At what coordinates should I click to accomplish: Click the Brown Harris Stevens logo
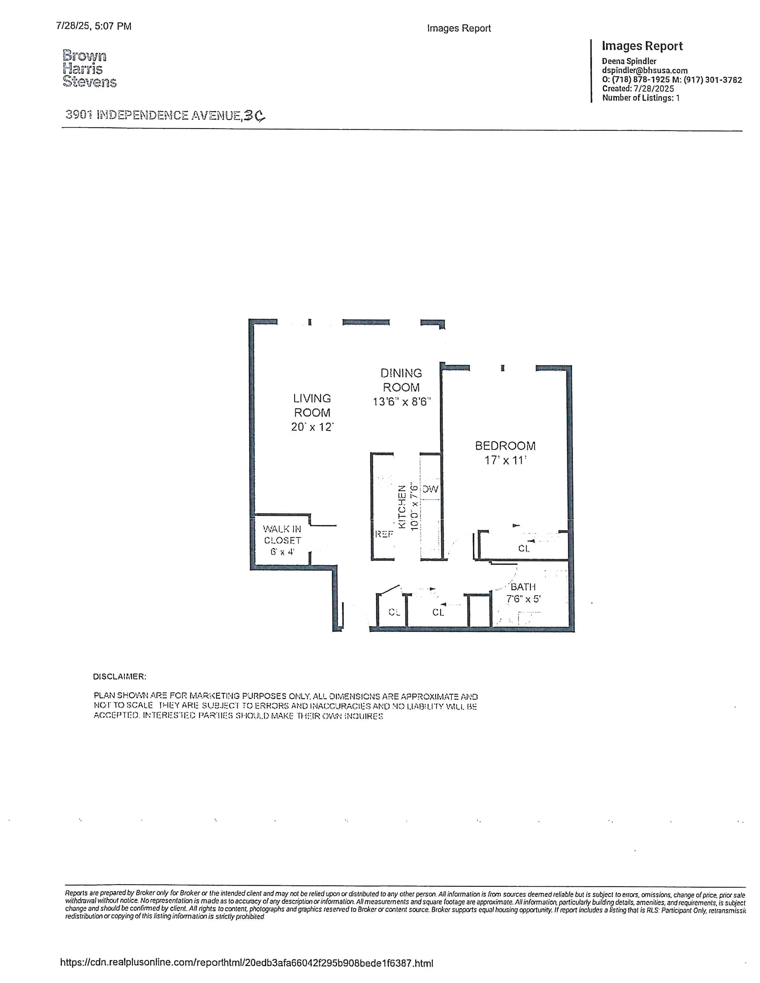[89, 69]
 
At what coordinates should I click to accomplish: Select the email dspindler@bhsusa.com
[644, 70]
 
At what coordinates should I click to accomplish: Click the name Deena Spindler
[629, 61]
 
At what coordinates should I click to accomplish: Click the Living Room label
[312, 405]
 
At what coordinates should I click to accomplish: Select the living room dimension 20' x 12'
[312, 427]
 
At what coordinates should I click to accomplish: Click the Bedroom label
[505, 446]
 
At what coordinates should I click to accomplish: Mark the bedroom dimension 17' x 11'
[505, 461]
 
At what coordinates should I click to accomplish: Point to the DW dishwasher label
[430, 489]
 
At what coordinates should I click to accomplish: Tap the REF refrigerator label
[384, 534]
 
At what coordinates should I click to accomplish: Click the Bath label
[523, 587]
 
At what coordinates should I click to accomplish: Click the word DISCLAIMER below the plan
[119, 676]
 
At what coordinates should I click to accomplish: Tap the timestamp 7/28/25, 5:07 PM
[94, 26]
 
